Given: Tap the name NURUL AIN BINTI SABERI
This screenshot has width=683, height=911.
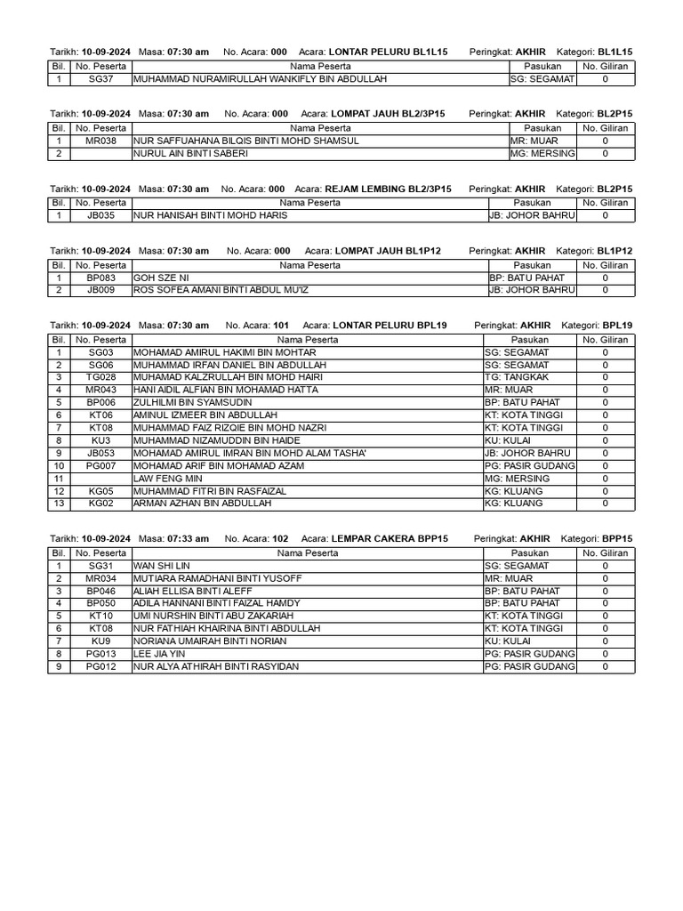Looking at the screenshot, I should pyautogui.click(x=190, y=153).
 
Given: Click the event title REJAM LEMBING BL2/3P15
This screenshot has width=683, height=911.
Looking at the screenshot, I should pyautogui.click(x=388, y=189).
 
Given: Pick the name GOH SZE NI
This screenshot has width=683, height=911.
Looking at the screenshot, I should pyautogui.click(x=161, y=278).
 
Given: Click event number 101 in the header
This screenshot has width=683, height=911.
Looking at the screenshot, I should pyautogui.click(x=280, y=327).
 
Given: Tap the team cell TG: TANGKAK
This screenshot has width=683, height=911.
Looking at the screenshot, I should pyautogui.click(x=517, y=377).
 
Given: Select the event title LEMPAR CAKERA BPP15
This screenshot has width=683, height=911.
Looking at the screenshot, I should pyautogui.click(x=389, y=539).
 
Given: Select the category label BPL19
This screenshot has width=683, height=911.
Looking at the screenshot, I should pyautogui.click(x=617, y=327).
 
